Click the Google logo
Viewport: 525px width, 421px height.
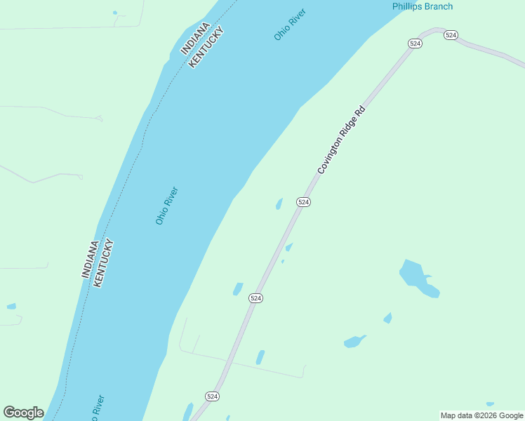click(x=23, y=413)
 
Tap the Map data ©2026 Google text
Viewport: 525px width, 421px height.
click(x=482, y=415)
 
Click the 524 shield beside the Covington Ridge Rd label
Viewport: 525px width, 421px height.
click(x=303, y=202)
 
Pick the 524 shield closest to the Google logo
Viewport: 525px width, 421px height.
click(x=213, y=396)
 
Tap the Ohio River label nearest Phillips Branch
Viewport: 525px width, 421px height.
click(x=290, y=25)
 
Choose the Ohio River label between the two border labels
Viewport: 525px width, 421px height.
click(x=166, y=206)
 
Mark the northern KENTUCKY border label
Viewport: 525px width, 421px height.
click(x=207, y=46)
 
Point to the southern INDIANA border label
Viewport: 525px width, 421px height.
click(x=90, y=260)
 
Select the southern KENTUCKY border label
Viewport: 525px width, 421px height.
click(x=102, y=264)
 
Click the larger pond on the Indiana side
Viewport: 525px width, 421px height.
click(x=11, y=307)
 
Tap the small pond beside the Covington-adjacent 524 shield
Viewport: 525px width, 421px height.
click(x=279, y=204)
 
